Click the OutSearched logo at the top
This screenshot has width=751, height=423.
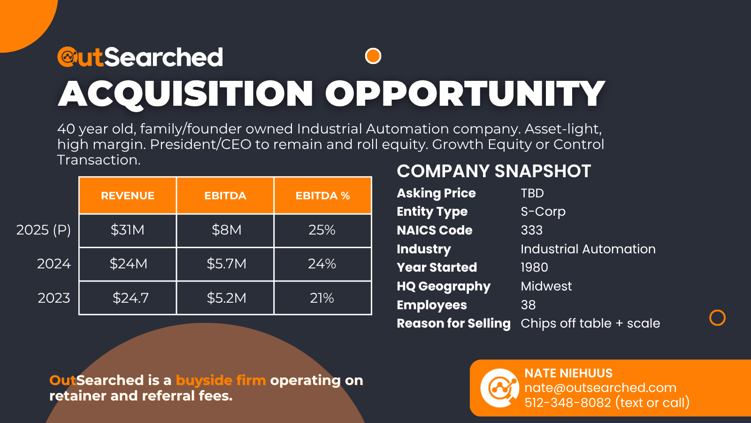140,57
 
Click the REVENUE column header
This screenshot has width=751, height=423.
128,196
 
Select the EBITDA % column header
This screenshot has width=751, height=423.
322,196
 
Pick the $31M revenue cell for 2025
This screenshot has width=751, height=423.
128,230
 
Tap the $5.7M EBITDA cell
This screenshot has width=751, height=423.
226,264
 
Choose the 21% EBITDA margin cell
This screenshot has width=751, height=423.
322,298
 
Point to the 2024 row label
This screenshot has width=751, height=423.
54,264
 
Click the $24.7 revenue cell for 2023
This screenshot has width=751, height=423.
130,298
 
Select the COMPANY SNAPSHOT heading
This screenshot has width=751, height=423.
493,171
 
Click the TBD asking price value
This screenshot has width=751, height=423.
532,193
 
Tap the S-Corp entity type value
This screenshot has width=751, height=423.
543,211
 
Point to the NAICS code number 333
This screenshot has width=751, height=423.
531,230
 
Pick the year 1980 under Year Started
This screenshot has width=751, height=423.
534,267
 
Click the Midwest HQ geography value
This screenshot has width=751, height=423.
546,286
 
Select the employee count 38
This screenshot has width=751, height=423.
528,305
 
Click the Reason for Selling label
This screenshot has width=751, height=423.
453,323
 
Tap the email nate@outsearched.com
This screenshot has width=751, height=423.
600,388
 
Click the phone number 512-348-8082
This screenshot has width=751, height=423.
568,403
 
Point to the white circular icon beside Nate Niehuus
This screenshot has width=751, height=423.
499,388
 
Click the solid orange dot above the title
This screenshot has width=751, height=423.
373,56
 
